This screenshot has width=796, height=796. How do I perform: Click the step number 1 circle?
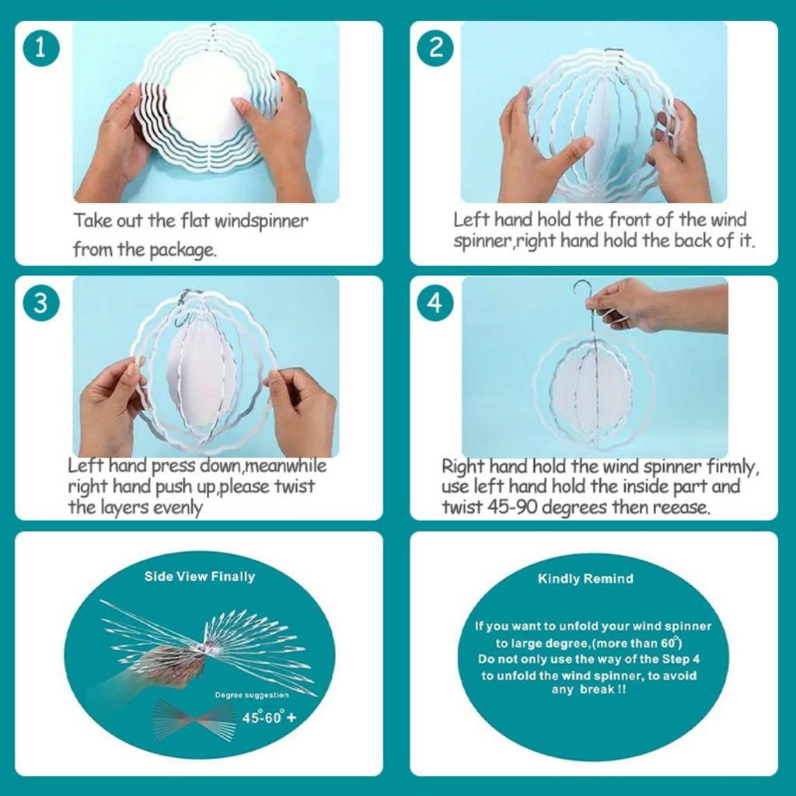click(41, 48)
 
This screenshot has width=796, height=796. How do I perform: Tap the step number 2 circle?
click(435, 48)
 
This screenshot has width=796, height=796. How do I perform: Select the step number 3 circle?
click(41, 303)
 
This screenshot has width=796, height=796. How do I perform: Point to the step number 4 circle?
click(435, 303)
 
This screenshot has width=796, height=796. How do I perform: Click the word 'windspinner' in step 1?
click(261, 222)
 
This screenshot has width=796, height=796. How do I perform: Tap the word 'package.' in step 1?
click(183, 250)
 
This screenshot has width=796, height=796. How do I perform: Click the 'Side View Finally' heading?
click(200, 577)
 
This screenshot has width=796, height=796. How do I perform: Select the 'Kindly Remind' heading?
click(585, 578)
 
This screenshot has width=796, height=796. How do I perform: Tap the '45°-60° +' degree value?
click(269, 717)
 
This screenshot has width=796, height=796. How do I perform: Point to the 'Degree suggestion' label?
click(252, 695)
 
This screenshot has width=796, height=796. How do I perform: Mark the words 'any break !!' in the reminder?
click(588, 690)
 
